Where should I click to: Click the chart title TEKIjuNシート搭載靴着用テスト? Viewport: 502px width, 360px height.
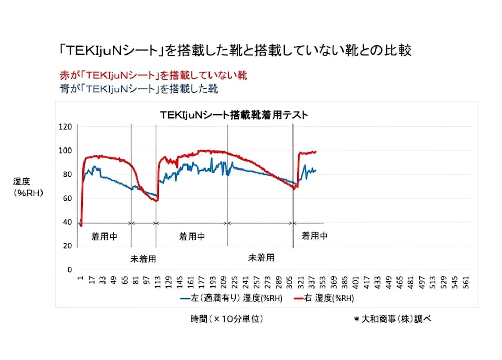234,115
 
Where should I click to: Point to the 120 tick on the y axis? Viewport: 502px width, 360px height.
66,126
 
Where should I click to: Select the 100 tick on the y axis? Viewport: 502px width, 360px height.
66,151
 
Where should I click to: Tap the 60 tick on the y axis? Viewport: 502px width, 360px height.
67,198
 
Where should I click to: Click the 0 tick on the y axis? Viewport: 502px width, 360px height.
70,269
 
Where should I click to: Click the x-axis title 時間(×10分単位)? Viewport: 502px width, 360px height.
226,319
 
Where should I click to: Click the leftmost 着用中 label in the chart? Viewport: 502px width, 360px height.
104,237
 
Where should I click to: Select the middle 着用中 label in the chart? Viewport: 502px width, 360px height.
192,237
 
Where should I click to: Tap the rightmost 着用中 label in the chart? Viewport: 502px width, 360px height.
315,236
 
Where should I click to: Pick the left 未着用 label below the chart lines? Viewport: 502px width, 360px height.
143,259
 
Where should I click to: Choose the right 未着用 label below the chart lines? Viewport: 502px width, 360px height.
261,257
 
